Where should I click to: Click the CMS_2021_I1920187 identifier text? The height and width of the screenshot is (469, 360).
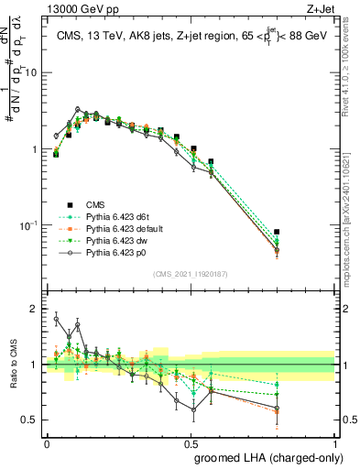pyautogui.click(x=191, y=274)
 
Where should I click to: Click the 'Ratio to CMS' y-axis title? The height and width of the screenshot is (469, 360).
pyautogui.click(x=12, y=365)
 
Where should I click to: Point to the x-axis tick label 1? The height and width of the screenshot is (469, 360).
pyautogui.click(x=335, y=442)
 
